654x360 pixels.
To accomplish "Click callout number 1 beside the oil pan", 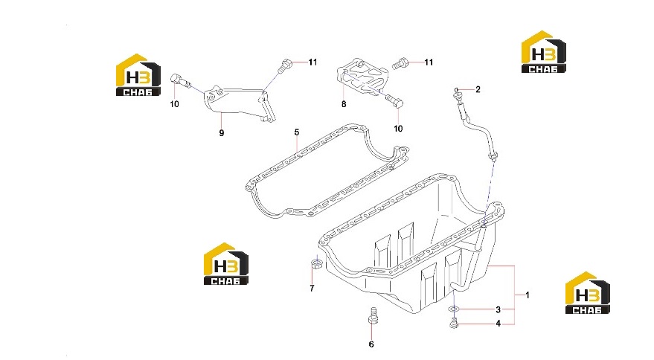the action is coord(528,295).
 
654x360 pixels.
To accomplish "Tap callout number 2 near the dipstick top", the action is coord(478,89).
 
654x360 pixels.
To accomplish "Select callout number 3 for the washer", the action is coord(498,309).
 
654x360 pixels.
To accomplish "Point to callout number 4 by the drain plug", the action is coord(498,324).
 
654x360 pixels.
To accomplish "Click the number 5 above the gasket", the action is coord(297,132).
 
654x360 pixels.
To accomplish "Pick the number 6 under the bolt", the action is coord(371,344).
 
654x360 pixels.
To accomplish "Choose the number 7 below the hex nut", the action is coord(312,289).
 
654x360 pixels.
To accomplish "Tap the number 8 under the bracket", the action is coord(344,104).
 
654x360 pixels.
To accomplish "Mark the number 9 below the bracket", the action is coord(222,133).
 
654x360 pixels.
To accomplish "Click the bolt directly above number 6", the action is coord(373,316).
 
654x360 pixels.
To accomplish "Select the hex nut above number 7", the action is coord(316,263).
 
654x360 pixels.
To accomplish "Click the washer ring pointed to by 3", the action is coord(454,309).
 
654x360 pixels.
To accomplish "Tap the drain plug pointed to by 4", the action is coord(454,324).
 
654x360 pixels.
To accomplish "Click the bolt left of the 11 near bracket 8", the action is coord(400,63).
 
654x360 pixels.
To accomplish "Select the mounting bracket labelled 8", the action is coord(363,78).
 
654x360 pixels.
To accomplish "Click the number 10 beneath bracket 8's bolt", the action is coord(398,129).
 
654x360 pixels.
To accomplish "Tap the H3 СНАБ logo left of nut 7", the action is coord(225,264).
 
